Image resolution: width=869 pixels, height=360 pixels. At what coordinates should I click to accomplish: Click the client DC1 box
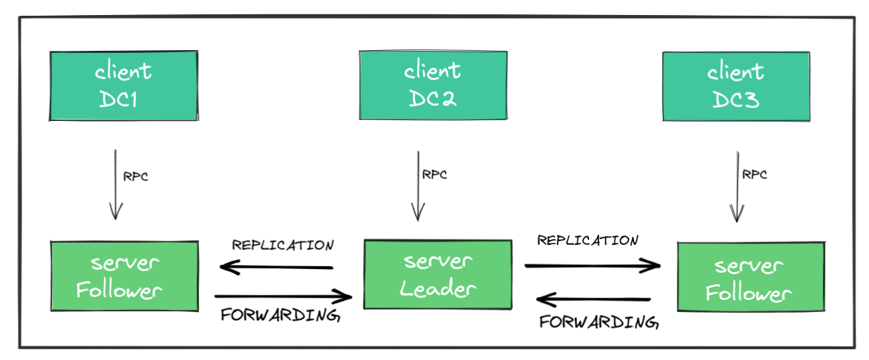coord(124,85)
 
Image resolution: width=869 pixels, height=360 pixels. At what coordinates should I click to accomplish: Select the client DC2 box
coord(432,85)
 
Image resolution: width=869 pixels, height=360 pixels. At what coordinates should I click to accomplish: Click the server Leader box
coord(437,274)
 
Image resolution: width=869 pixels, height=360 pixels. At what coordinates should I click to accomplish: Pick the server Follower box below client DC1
coord(125,276)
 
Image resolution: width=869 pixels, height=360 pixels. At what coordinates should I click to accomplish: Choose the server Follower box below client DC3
coord(749,277)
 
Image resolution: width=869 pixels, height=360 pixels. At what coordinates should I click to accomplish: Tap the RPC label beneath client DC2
coord(435,174)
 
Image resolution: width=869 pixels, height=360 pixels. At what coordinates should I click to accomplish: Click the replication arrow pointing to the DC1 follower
coord(276,268)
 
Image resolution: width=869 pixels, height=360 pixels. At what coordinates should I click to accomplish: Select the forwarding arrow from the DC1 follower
coord(283,295)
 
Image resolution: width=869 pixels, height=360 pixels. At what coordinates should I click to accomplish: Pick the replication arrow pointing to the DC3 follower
coord(593,266)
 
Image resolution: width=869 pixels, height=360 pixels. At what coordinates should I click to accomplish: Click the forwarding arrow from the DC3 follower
coord(594,299)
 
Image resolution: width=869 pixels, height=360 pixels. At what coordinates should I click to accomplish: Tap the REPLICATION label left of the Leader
coord(283,245)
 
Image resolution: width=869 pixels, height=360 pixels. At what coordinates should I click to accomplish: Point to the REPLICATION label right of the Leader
coord(588,240)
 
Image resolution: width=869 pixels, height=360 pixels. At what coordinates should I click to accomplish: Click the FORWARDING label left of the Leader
coord(279,315)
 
